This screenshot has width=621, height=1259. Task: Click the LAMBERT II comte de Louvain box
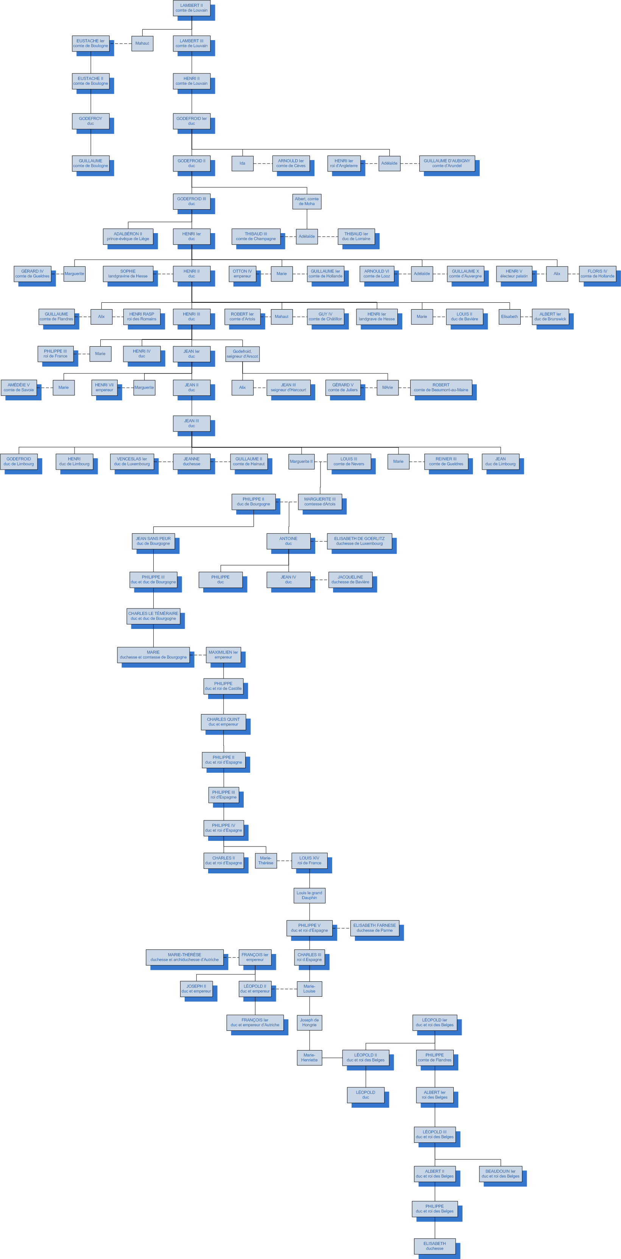tap(191, 8)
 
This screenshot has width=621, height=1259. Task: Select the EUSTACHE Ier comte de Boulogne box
tap(90, 44)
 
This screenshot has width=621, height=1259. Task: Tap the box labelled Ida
tap(242, 163)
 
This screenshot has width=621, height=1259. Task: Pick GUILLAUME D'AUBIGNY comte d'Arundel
tap(447, 163)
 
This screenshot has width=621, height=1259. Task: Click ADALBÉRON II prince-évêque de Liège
tap(128, 237)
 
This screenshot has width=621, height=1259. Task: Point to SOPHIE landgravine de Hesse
tap(128, 274)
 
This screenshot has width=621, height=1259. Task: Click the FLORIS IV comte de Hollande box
tap(597, 274)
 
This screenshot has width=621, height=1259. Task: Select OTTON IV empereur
tap(242, 274)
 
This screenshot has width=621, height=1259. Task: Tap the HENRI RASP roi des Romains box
tap(142, 317)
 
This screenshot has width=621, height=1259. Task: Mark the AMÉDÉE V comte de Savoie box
tap(19, 388)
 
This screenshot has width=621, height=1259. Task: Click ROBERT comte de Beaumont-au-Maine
tap(441, 388)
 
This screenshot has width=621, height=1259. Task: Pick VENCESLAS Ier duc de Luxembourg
tap(132, 461)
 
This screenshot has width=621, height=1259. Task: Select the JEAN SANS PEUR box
tap(153, 541)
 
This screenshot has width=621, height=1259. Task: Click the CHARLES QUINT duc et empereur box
tap(223, 722)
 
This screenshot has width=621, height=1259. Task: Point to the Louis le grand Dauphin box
tap(309, 895)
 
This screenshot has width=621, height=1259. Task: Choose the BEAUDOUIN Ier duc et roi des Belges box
tap(500, 1173)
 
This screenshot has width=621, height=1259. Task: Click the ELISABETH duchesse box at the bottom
tap(434, 1246)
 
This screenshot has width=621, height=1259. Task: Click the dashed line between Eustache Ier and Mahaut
tap(120, 44)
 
